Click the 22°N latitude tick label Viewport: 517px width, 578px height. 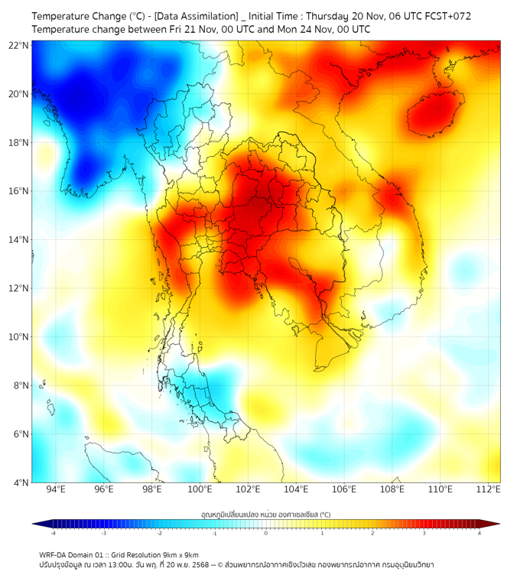coord(19,45)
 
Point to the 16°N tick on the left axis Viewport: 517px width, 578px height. coord(19,191)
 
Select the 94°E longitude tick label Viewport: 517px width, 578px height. coord(56,489)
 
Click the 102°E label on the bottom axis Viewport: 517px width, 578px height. coord(248,489)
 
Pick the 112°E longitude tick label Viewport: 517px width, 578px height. coord(488,489)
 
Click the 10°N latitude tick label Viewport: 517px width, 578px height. coord(19,337)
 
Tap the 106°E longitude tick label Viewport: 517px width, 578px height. coord(344,489)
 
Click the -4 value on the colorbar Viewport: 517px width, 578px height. coord(53,533)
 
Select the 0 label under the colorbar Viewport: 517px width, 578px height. coord(266,533)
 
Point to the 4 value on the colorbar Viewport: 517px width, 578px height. coord(479,533)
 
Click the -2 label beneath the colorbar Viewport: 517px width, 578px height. coord(159,533)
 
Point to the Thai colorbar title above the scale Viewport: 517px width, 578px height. coord(265,515)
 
